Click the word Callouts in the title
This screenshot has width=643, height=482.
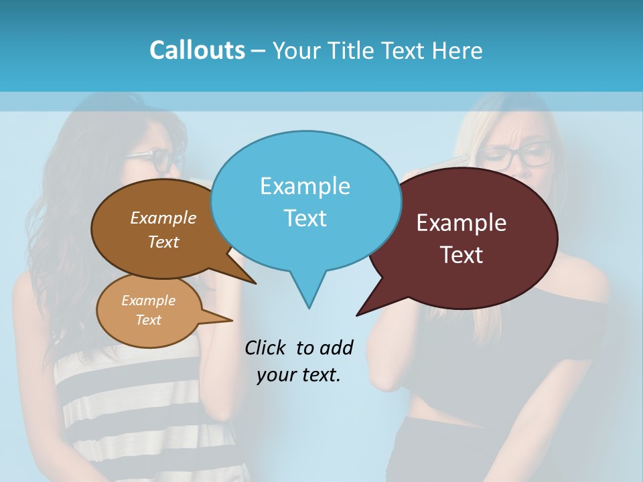[x=197, y=51]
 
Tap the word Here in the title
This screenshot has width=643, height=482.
[x=457, y=51]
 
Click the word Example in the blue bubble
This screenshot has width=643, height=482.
[x=305, y=186]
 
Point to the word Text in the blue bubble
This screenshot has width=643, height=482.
[x=305, y=218]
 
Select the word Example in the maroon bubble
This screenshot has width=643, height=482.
[x=461, y=223]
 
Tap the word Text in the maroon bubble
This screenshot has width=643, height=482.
[x=461, y=255]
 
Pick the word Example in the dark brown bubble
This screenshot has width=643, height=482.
[x=163, y=218]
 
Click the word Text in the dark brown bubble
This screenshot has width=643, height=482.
[x=163, y=242]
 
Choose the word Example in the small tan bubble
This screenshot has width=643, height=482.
[x=148, y=301]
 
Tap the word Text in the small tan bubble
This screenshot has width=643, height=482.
[x=148, y=320]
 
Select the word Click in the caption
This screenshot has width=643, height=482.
[x=265, y=347]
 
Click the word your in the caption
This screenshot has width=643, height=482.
[x=276, y=376]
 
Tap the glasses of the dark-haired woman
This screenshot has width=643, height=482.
[x=155, y=161]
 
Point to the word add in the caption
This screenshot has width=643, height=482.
[x=336, y=347]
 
